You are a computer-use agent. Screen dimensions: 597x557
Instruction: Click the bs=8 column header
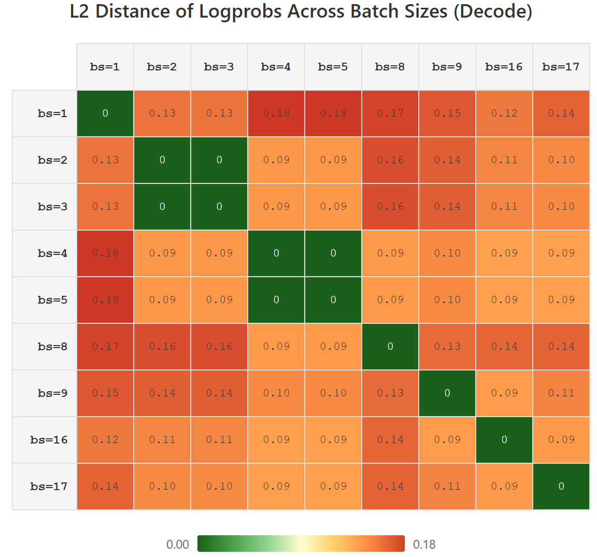(390, 67)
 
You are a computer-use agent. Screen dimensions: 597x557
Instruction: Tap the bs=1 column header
(105, 67)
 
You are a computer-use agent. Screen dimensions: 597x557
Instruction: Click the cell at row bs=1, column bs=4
(276, 113)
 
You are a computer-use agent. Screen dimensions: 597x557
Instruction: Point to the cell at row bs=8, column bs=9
(447, 347)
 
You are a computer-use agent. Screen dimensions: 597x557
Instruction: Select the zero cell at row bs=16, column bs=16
(504, 440)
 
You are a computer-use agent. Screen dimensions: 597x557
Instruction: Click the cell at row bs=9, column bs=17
(561, 393)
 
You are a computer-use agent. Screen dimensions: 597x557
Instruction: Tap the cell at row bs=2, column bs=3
(219, 160)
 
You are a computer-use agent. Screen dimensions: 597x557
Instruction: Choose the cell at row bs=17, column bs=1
(105, 486)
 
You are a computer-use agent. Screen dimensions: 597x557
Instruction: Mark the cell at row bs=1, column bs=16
(504, 113)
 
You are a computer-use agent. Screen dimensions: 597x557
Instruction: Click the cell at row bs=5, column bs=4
(276, 299)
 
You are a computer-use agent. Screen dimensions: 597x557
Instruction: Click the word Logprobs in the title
(240, 11)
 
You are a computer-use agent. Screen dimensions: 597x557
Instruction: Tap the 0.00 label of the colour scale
(177, 545)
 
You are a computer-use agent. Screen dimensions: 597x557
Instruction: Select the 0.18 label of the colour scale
(424, 545)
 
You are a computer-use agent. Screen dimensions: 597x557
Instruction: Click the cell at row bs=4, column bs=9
(447, 253)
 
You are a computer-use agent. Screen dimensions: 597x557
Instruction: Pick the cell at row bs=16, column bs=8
(390, 440)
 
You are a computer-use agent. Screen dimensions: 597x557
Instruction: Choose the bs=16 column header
(504, 67)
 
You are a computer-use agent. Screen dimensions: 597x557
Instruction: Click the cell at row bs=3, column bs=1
(105, 206)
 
